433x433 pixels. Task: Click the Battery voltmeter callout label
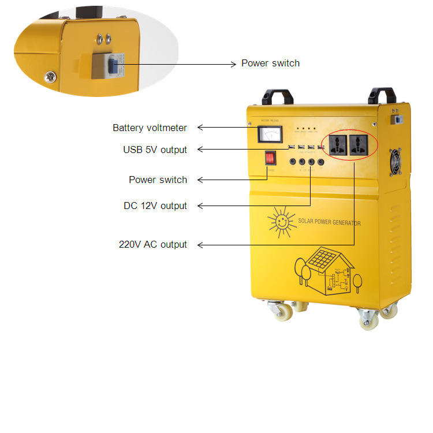pos(150,128)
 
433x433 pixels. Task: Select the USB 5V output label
pos(155,150)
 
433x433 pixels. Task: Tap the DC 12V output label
pos(155,206)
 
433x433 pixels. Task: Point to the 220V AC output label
pos(153,244)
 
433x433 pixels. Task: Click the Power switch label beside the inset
pos(270,63)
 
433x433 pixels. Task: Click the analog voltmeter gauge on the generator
pos(270,135)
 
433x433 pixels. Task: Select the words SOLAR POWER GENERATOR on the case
pos(329,222)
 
